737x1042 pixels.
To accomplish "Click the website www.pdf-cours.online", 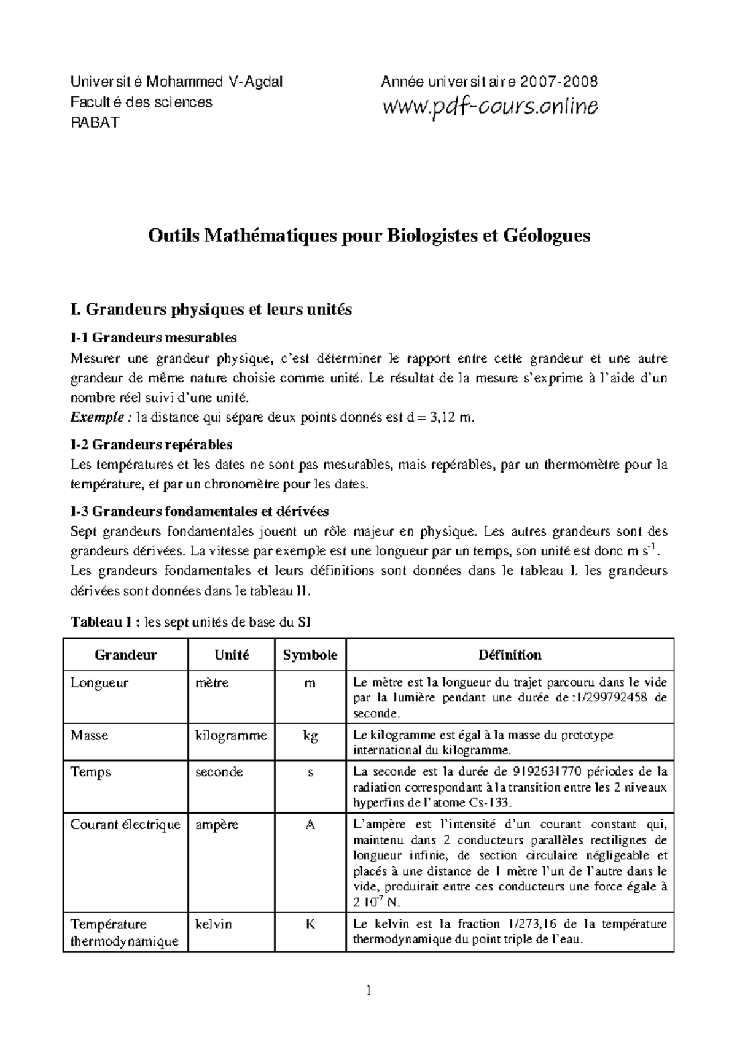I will pos(489,107).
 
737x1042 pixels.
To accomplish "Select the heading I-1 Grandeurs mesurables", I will pos(154,338).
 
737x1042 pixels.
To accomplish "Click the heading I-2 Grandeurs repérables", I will pos(151,444).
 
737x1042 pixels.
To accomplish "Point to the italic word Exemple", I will pos(97,418).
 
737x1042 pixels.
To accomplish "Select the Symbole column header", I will pos(310,655).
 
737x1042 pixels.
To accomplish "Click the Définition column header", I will pos(510,655).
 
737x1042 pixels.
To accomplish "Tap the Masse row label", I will pos(89,735).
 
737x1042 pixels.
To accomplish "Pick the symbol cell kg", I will pos(310,735).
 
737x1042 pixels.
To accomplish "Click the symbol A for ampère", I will pos(310,825).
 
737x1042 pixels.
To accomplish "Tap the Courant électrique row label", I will pos(125,825).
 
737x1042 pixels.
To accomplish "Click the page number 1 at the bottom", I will pos(368,990).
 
